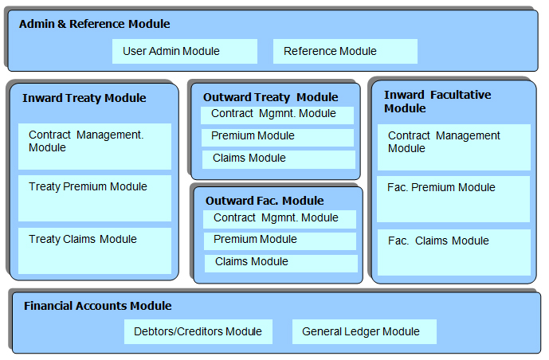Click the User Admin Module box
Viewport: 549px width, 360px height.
[185, 52]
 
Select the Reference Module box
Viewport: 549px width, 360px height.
[345, 52]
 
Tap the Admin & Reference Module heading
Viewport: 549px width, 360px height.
[95, 24]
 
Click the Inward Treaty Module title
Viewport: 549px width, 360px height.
[84, 98]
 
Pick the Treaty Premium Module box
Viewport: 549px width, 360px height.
[95, 198]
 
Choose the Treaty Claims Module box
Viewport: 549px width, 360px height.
[95, 251]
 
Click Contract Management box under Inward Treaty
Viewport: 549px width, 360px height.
[95, 147]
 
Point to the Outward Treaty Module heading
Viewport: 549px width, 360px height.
[271, 97]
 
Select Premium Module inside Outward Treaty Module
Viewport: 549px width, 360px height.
[277, 138]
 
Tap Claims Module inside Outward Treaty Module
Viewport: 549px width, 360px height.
[279, 159]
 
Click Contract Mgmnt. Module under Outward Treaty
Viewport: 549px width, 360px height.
[277, 115]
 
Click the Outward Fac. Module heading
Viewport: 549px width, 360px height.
[265, 201]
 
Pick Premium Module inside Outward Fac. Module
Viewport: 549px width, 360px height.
[280, 241]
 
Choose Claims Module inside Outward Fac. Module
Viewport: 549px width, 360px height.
[281, 264]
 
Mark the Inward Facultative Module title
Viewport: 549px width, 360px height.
[437, 101]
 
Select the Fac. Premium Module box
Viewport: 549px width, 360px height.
[453, 199]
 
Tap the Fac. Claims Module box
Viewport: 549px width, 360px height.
[454, 252]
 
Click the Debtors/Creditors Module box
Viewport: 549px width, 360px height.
[198, 331]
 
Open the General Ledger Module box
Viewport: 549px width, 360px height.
[364, 331]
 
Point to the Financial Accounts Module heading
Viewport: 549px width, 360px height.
[98, 306]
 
